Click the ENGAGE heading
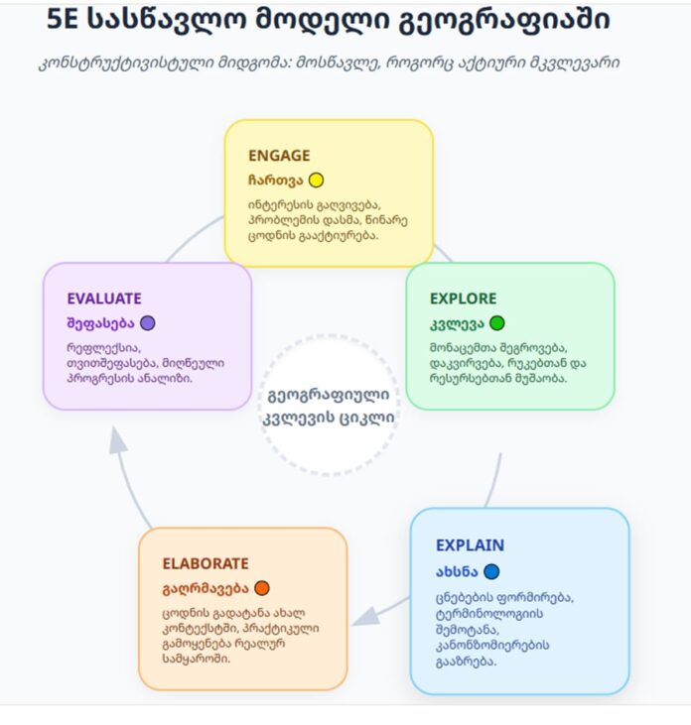(279, 156)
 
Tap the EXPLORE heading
(463, 299)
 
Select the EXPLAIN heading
(470, 545)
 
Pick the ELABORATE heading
(206, 563)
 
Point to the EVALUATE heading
(104, 299)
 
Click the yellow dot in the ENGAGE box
(316, 180)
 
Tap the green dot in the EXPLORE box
(497, 322)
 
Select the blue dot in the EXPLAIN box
(491, 571)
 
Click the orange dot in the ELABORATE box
(262, 588)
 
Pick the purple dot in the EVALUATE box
(148, 322)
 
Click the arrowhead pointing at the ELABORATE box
(366, 617)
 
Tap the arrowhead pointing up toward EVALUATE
(117, 439)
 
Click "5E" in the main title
(63, 20)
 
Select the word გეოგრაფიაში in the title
(505, 21)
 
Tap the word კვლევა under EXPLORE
(457, 323)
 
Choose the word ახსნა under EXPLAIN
(457, 572)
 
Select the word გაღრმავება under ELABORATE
(206, 588)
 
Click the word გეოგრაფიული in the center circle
(329, 396)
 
